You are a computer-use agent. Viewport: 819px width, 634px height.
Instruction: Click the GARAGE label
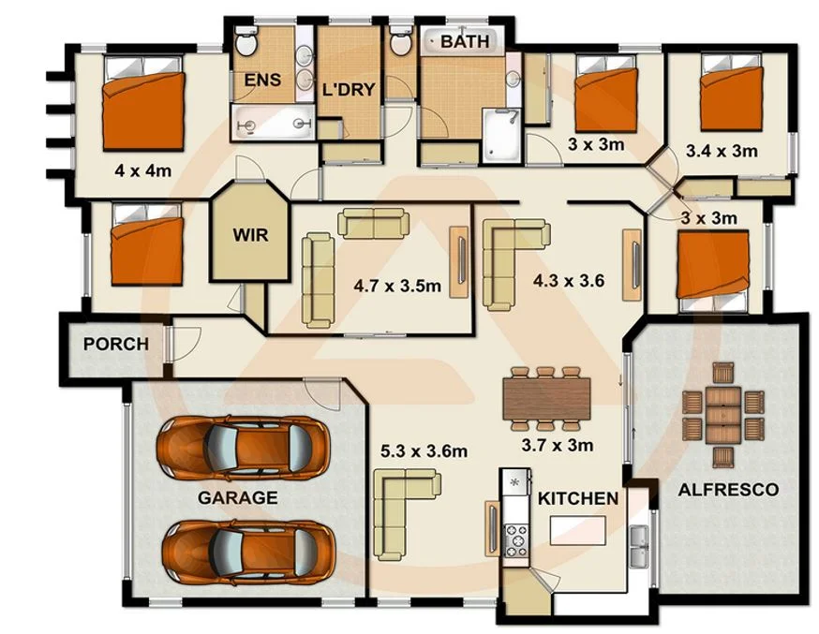coord(237,497)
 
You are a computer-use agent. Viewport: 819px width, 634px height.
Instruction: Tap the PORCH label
coord(116,344)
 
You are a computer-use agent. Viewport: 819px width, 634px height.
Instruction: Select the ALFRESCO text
coord(728,489)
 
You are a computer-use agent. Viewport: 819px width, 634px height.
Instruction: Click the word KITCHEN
coord(577,498)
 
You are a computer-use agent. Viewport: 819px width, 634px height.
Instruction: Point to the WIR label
coord(249,235)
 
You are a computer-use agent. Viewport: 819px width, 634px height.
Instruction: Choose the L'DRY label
coord(349,90)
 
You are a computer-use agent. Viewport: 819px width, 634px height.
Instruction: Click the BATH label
coord(465,41)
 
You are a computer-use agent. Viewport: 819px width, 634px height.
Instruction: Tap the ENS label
coord(262,81)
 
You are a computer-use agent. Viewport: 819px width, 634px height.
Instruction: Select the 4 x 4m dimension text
coord(142,170)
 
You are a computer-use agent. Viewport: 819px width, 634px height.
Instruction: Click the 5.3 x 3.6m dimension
coord(424,451)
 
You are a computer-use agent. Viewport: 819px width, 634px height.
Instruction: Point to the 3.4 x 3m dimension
coord(721,150)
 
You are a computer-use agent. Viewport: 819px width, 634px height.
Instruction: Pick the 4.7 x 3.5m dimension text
coord(396,285)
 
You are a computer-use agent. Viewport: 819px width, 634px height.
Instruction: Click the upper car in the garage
coord(243,446)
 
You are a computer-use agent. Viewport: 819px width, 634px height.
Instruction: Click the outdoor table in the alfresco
coord(722,414)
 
